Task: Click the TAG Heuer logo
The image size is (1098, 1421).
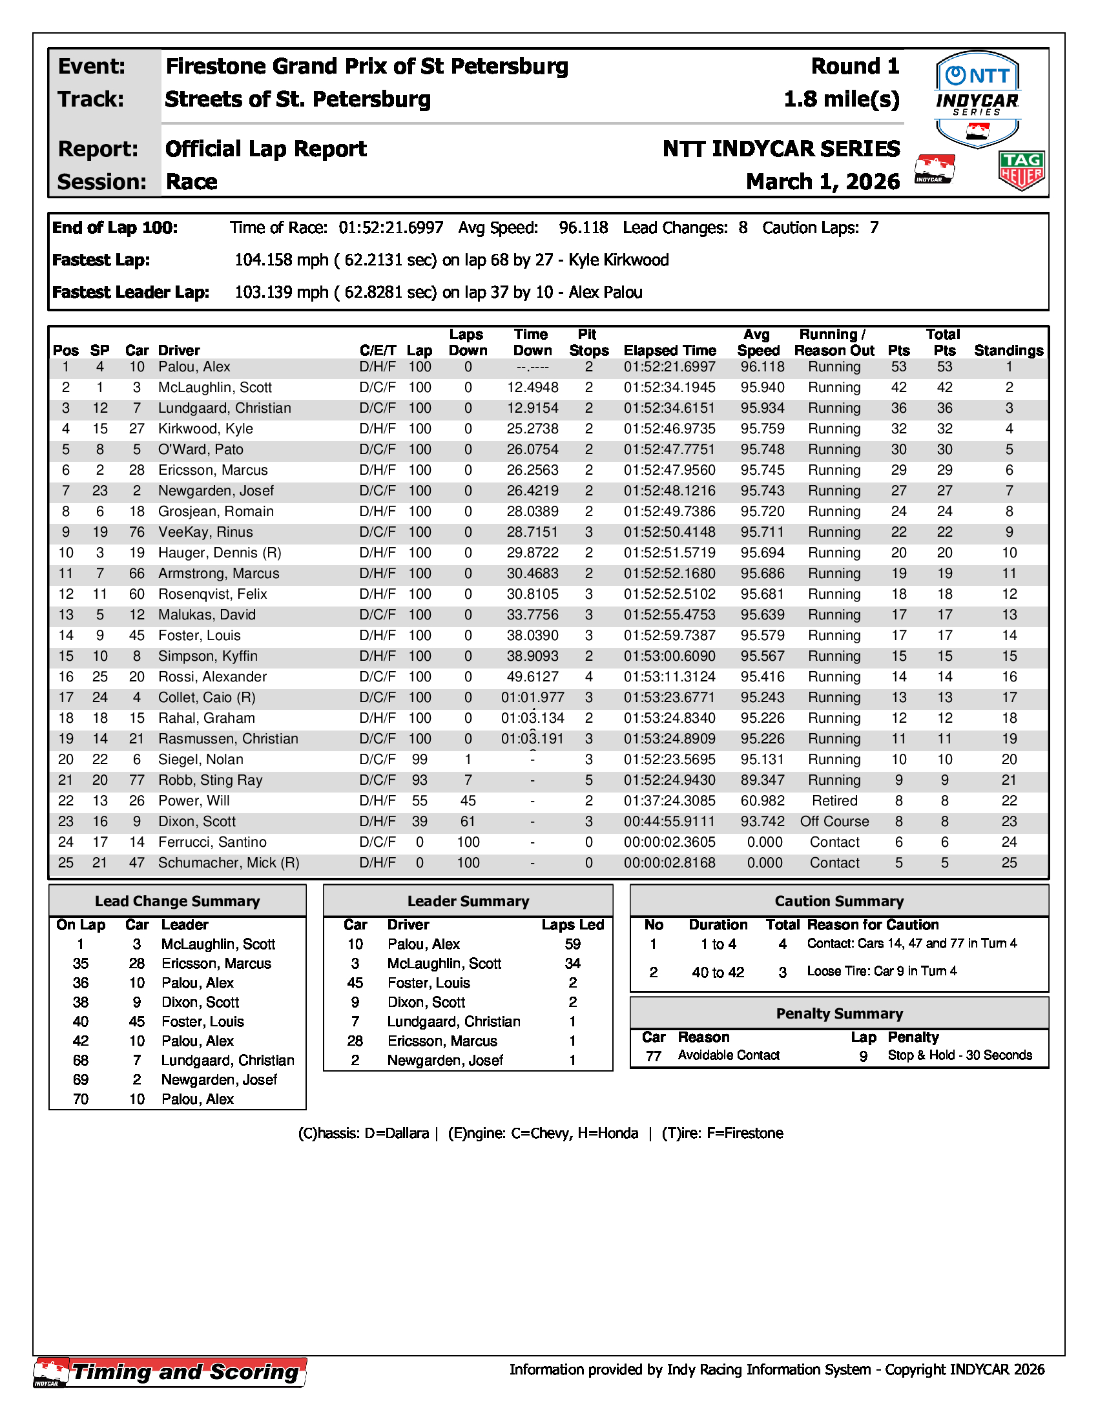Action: point(1021,171)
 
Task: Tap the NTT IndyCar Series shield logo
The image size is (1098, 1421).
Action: point(978,98)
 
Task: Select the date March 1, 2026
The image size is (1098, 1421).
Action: point(823,182)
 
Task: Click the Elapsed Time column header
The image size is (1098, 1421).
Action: point(669,351)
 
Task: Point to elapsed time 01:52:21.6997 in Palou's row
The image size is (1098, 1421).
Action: point(669,367)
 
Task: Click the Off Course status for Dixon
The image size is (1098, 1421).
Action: point(834,821)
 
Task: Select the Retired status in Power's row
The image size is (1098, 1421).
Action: point(834,801)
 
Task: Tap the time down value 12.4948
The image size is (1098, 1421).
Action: point(532,388)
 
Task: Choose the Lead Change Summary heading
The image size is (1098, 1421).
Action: point(177,901)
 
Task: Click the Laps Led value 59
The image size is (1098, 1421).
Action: point(572,944)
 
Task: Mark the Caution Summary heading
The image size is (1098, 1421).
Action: point(839,901)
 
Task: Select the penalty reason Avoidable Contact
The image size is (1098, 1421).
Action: point(729,1055)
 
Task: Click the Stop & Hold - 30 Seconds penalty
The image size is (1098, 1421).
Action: point(959,1055)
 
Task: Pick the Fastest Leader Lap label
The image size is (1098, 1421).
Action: point(130,292)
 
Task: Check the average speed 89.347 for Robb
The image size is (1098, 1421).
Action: point(762,780)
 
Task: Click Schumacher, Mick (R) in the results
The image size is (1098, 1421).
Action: point(228,863)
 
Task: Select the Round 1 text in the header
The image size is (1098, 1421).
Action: point(855,67)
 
